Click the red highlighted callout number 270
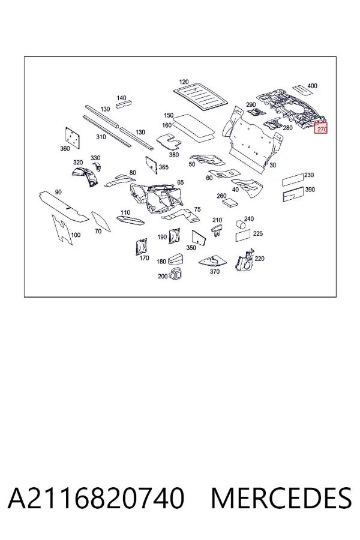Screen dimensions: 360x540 click(321, 129)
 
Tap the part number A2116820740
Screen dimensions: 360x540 click(96, 498)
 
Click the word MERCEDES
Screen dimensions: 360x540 click(281, 498)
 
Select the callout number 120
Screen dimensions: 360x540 click(184, 82)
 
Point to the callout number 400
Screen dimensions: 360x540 click(312, 86)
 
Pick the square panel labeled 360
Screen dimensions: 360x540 click(73, 137)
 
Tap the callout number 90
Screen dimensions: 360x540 click(58, 192)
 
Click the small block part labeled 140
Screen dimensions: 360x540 click(124, 104)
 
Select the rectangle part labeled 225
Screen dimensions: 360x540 click(243, 236)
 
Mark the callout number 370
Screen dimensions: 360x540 click(215, 271)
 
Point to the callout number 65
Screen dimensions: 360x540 click(181, 182)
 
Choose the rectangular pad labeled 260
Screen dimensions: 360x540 click(230, 202)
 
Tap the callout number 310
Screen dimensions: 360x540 click(101, 137)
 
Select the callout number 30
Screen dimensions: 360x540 click(273, 165)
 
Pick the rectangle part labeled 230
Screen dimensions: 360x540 click(293, 179)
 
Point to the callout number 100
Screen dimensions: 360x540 click(76, 235)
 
